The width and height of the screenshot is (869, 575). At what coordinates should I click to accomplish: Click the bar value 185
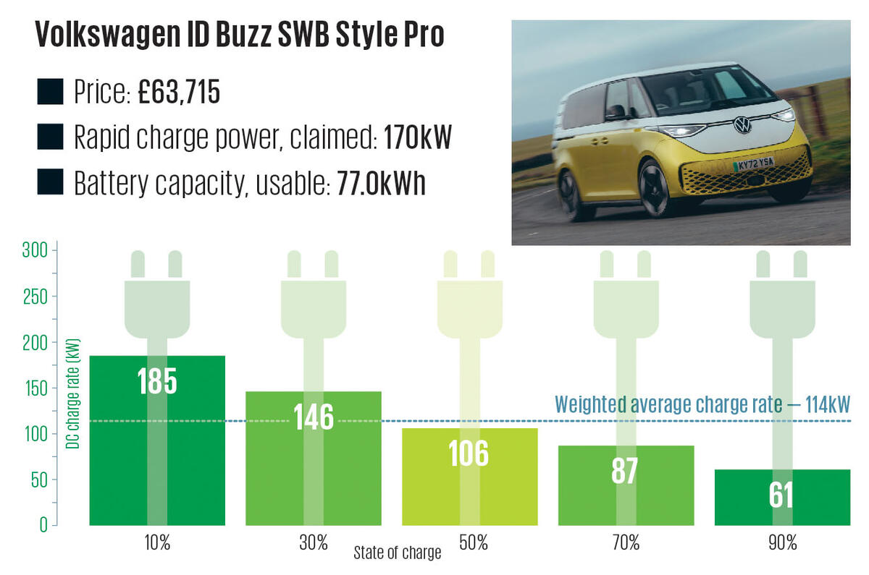[x=157, y=380]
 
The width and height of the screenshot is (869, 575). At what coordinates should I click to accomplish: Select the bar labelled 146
[x=313, y=417]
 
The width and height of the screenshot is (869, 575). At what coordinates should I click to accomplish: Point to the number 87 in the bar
[x=624, y=471]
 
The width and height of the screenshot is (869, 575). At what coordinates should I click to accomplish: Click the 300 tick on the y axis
[x=38, y=251]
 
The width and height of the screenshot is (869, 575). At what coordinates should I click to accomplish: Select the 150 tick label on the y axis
[x=38, y=388]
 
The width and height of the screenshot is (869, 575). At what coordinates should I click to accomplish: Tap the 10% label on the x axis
[x=156, y=542]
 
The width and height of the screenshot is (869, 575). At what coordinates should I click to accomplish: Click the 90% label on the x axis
[x=782, y=542]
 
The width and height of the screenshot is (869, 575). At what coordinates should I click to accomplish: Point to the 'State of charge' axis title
[x=397, y=554]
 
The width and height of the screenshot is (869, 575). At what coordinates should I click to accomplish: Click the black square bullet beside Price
[x=51, y=93]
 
